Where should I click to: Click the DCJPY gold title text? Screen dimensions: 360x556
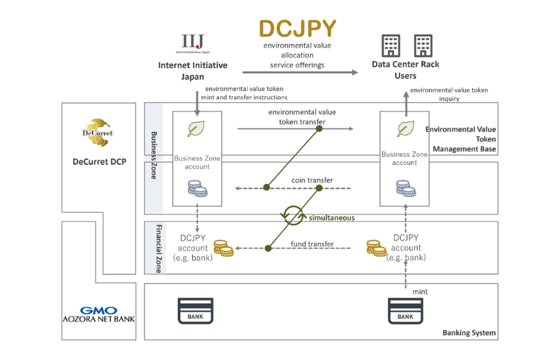click(x=298, y=28)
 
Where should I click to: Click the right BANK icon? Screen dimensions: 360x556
click(x=405, y=310)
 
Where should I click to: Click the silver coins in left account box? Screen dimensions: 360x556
click(x=197, y=190)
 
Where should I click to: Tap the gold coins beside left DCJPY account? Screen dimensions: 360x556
click(x=223, y=249)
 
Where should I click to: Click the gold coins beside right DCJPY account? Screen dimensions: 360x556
click(x=376, y=249)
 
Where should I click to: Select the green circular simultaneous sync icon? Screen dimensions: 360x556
click(x=293, y=215)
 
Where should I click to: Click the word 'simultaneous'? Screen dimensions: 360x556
click(x=332, y=217)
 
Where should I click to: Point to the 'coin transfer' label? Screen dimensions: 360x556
click(x=312, y=180)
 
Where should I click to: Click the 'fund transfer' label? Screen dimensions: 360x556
click(x=312, y=244)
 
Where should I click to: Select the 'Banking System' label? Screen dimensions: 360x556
click(x=469, y=333)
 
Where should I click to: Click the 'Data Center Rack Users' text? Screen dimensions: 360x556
click(x=406, y=70)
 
